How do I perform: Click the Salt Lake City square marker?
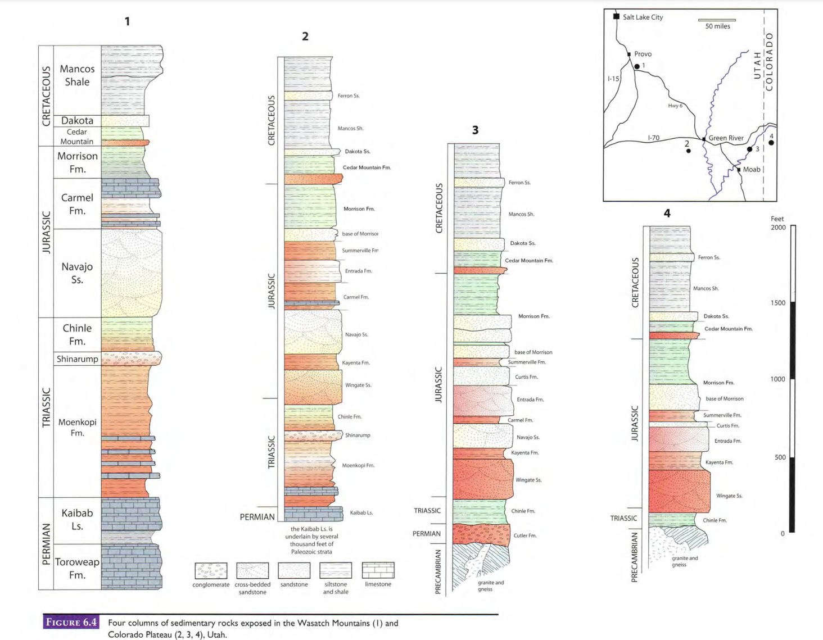click(x=616, y=16)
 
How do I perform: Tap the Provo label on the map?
click(x=643, y=54)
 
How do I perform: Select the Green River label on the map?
click(x=726, y=138)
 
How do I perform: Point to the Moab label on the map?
click(x=752, y=169)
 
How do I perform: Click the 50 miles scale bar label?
click(x=717, y=26)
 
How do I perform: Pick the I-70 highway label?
click(x=653, y=138)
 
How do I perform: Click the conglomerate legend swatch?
click(x=211, y=570)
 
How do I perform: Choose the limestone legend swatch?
click(x=378, y=570)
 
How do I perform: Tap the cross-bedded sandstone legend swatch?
click(x=252, y=570)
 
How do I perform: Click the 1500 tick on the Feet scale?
click(x=778, y=303)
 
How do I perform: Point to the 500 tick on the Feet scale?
click(x=780, y=457)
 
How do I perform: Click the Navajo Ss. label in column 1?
click(x=77, y=273)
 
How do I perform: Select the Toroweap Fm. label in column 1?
click(x=77, y=568)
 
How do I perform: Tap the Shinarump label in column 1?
click(x=77, y=358)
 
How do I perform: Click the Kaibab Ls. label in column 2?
click(x=361, y=512)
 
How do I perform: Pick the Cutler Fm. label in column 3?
click(x=525, y=535)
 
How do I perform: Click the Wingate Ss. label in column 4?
click(x=729, y=496)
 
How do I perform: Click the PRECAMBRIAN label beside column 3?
click(x=438, y=571)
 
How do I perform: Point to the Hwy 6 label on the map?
click(x=675, y=106)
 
